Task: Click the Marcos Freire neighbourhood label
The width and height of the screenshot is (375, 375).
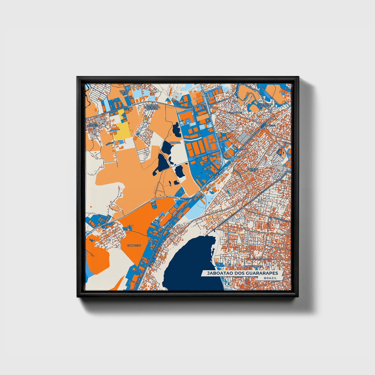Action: click(124, 92)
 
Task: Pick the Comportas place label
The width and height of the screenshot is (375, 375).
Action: click(134, 245)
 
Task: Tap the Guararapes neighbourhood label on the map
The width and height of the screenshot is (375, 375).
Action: click(235, 113)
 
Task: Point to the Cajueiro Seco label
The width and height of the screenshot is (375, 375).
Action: click(252, 170)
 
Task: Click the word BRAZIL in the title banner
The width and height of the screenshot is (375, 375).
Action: click(270, 278)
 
